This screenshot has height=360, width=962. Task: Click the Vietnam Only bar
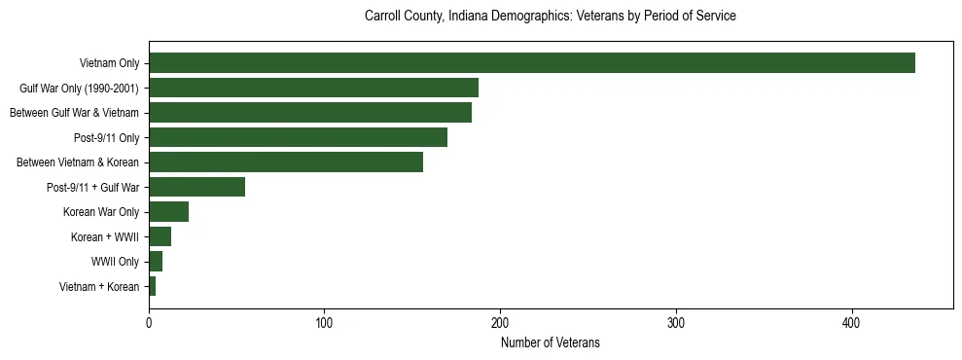[x=531, y=63]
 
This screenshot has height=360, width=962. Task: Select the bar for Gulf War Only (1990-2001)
[x=313, y=88]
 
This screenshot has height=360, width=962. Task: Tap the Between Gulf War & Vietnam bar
[x=310, y=113]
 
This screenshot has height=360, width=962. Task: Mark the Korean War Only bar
[x=168, y=212]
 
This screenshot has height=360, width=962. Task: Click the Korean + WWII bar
[x=160, y=236]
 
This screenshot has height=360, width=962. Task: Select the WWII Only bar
[x=156, y=262]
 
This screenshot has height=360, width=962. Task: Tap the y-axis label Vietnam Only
[x=109, y=63]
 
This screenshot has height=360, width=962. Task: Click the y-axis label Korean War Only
[x=101, y=212]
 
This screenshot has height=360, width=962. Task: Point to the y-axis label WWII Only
[x=115, y=262]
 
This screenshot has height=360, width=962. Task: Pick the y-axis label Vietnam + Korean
[x=99, y=286]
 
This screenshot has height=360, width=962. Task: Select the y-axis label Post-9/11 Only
[x=106, y=137]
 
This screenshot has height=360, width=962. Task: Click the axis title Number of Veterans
[x=550, y=342]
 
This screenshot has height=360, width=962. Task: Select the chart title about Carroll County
[x=550, y=17]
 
